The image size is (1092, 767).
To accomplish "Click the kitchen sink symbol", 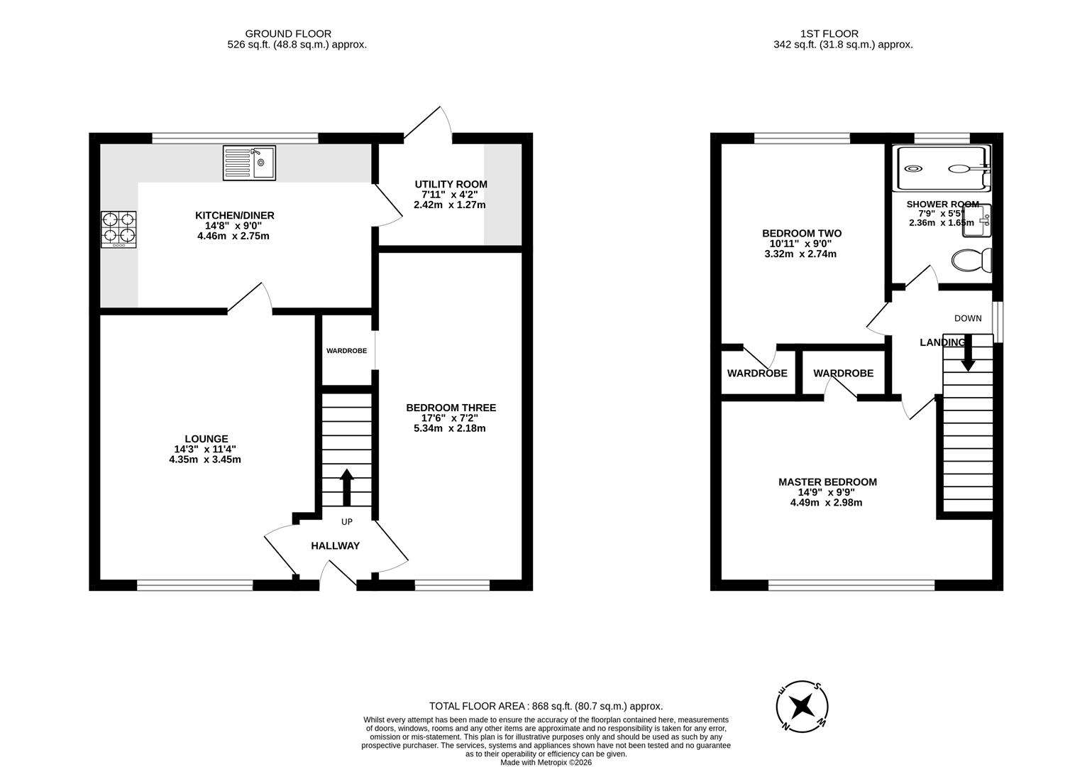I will click(249, 163).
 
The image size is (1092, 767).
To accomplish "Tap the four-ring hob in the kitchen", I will click(118, 229).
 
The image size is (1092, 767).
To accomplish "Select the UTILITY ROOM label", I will click(451, 185).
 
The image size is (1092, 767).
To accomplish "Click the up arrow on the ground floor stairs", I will click(347, 486).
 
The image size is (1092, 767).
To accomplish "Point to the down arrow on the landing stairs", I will click(968, 355).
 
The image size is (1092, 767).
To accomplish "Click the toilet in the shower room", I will click(971, 260).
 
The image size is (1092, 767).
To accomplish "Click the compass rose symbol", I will click(803, 706).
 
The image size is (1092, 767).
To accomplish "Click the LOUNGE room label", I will click(206, 439).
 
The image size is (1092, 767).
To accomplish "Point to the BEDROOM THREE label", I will click(451, 408).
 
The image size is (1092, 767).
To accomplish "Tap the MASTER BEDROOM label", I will click(827, 482).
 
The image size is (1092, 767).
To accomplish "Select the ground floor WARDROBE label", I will click(346, 351).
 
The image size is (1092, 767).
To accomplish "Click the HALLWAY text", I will click(335, 546).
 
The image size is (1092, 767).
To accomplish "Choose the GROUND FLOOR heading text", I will click(288, 33).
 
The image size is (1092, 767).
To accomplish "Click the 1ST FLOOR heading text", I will click(829, 33).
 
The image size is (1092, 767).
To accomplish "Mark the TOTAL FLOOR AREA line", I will click(546, 706).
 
